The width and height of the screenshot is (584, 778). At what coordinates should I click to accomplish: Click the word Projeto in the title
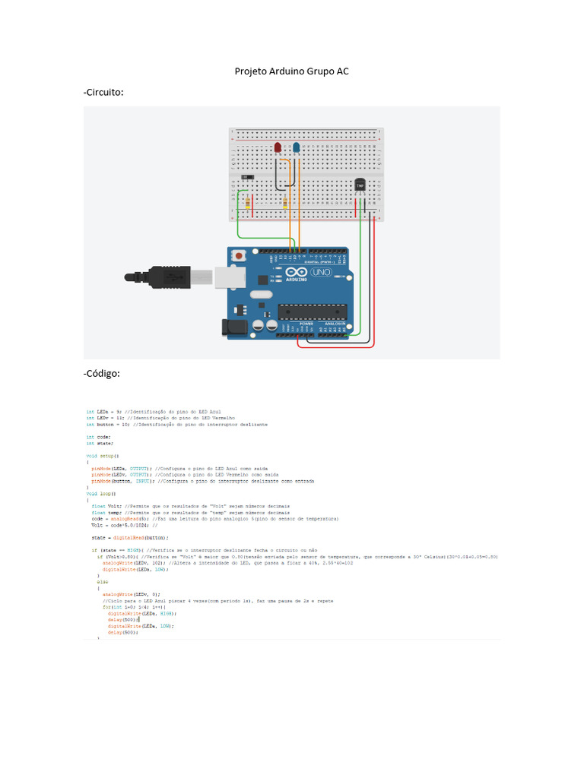252,71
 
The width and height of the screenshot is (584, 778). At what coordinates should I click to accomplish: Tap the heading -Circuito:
103,92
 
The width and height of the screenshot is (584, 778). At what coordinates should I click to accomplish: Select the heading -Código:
102,373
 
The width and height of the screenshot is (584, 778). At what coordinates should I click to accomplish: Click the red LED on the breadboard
278,147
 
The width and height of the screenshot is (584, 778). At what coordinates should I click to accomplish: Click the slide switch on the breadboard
246,178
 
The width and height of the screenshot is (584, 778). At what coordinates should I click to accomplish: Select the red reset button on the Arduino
240,257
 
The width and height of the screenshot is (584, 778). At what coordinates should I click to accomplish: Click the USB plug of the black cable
175,278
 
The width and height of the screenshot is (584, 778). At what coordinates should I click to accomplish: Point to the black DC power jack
232,327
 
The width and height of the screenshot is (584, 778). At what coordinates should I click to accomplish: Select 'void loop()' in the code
101,493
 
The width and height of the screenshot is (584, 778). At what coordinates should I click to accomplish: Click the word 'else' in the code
103,581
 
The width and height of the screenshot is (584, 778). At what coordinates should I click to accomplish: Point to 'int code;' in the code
99,437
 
